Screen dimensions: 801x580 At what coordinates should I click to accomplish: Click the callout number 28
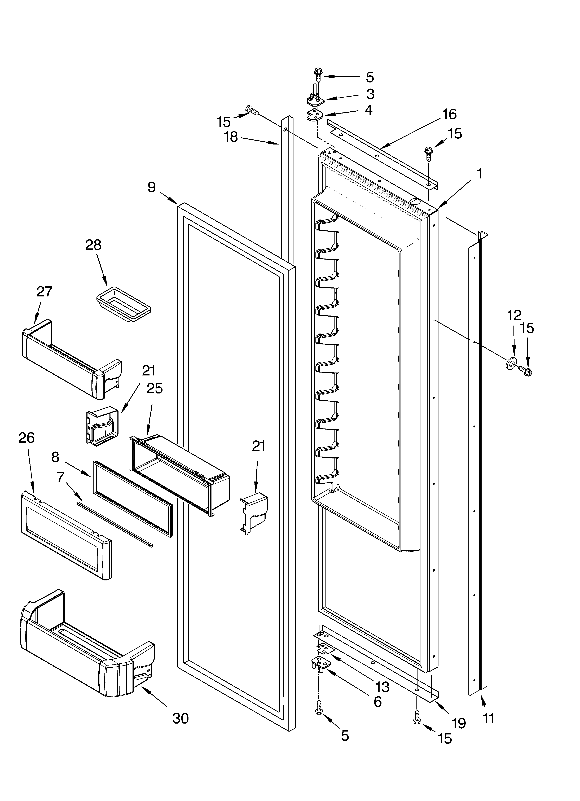coord(93,245)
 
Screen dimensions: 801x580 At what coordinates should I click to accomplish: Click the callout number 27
coord(45,291)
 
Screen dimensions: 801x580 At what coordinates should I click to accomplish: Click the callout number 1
coord(479,174)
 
